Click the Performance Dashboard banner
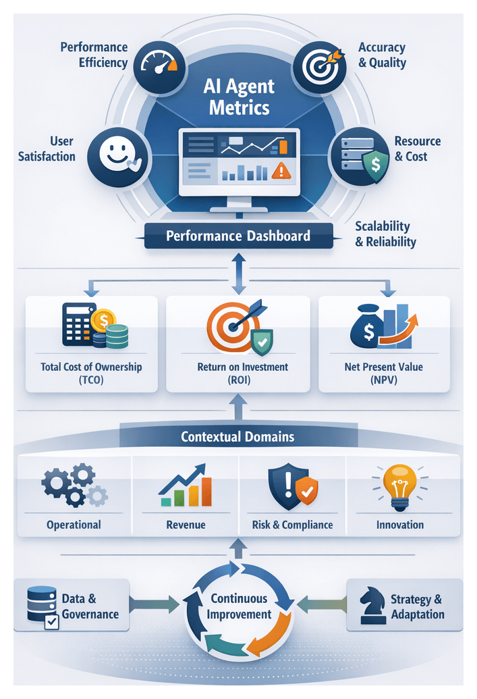238,236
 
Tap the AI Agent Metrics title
239,97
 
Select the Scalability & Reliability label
385,234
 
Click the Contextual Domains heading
237,436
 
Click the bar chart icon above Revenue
185,486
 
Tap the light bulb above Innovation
399,484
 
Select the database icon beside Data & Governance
43,603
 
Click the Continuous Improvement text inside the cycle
239,606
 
